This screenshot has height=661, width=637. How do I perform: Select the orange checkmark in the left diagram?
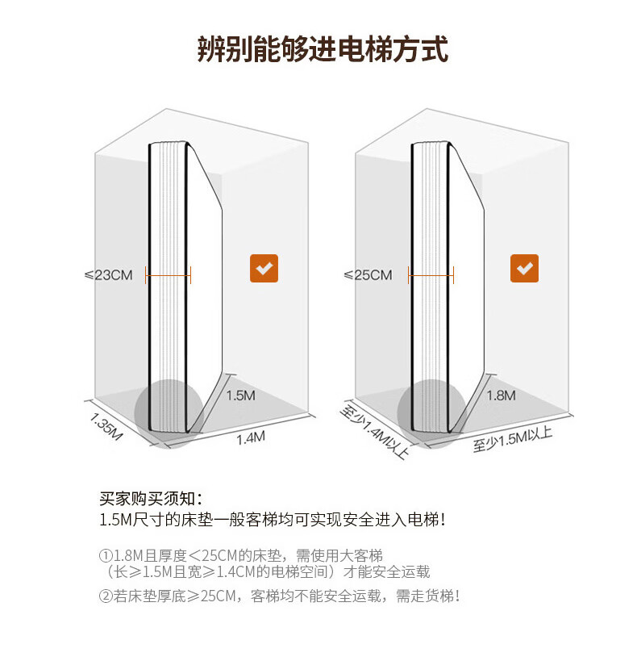tap(264, 269)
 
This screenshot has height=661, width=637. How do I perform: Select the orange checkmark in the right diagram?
tap(524, 269)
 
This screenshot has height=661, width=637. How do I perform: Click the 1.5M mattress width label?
tap(241, 395)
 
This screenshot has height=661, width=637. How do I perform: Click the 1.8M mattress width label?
tap(501, 395)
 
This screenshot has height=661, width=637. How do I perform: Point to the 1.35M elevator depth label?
tap(106, 427)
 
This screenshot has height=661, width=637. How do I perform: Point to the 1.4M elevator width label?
tap(250, 437)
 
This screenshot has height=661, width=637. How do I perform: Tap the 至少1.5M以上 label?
tap(513, 440)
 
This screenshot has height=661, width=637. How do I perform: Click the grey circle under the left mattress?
tap(167, 412)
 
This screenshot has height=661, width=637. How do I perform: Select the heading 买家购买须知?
tap(151, 498)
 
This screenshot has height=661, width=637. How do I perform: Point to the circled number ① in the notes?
tap(105, 556)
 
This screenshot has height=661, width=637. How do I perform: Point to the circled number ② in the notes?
tap(105, 596)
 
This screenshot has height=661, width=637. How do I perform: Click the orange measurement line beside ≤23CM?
tap(168, 275)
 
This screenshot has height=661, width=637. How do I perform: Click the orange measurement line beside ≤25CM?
tap(431, 275)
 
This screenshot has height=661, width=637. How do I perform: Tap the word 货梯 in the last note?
tap(440, 596)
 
